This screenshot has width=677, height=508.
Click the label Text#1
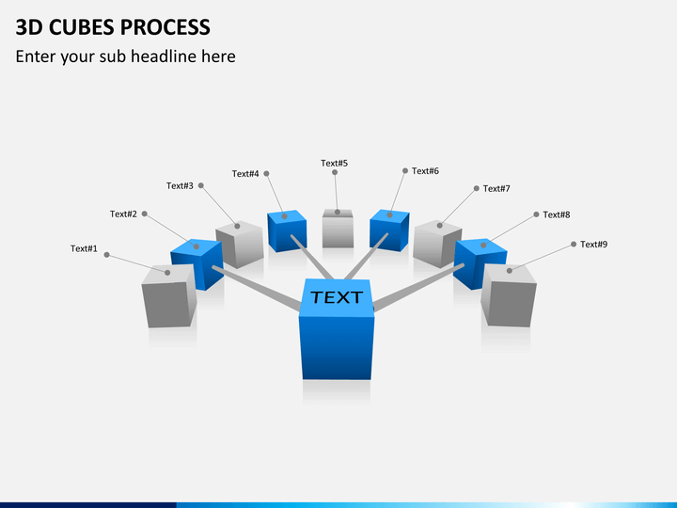(x=84, y=248)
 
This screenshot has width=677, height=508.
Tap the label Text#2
(x=123, y=214)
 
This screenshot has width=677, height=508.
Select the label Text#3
(x=180, y=185)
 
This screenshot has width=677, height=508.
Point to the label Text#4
(x=245, y=173)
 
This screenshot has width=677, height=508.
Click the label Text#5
(x=334, y=163)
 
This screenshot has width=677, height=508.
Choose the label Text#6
(x=425, y=170)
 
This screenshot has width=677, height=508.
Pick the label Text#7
(x=496, y=188)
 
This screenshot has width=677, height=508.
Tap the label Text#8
(x=557, y=214)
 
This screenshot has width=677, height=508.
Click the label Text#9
(x=593, y=244)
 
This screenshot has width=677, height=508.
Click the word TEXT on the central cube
(x=337, y=297)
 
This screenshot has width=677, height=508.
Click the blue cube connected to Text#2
(x=197, y=262)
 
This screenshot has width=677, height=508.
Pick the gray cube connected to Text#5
(x=338, y=229)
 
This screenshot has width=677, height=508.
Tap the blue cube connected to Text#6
(x=389, y=230)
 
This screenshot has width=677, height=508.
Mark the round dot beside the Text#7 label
(x=476, y=188)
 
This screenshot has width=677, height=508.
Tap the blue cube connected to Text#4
(x=287, y=230)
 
